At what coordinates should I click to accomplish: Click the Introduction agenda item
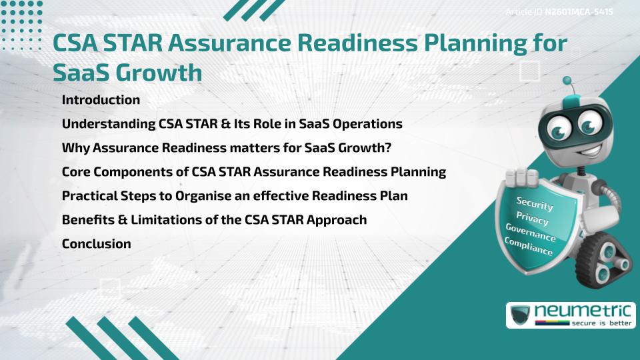coord(101,100)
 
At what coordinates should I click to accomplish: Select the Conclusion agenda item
coord(96,244)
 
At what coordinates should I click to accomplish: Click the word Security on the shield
coord(535,204)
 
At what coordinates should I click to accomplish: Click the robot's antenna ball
coord(567,81)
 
